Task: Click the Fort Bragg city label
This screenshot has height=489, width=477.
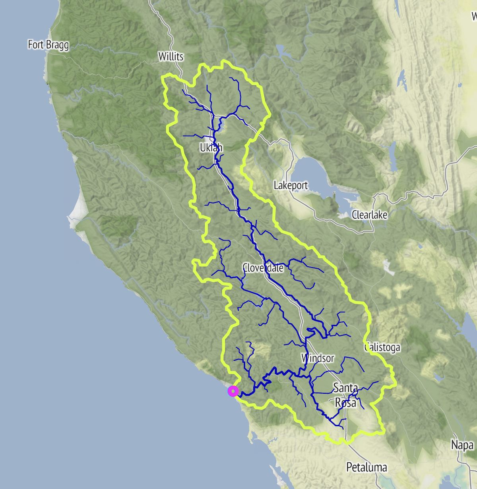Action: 48,45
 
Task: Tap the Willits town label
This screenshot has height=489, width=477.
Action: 171,57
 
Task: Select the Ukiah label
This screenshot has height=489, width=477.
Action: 211,148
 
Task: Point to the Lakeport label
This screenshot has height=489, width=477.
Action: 291,185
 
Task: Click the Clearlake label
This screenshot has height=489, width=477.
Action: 369,215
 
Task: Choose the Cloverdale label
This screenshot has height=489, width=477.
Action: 263,268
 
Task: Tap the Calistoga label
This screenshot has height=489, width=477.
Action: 382,348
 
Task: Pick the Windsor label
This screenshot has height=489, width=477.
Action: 318,358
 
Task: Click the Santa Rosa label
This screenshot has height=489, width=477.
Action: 345,395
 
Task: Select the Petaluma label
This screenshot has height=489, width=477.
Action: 366,467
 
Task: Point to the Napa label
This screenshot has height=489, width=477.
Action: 462,445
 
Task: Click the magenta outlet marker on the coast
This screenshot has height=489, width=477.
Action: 233,391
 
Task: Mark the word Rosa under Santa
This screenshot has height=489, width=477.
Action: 345,403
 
